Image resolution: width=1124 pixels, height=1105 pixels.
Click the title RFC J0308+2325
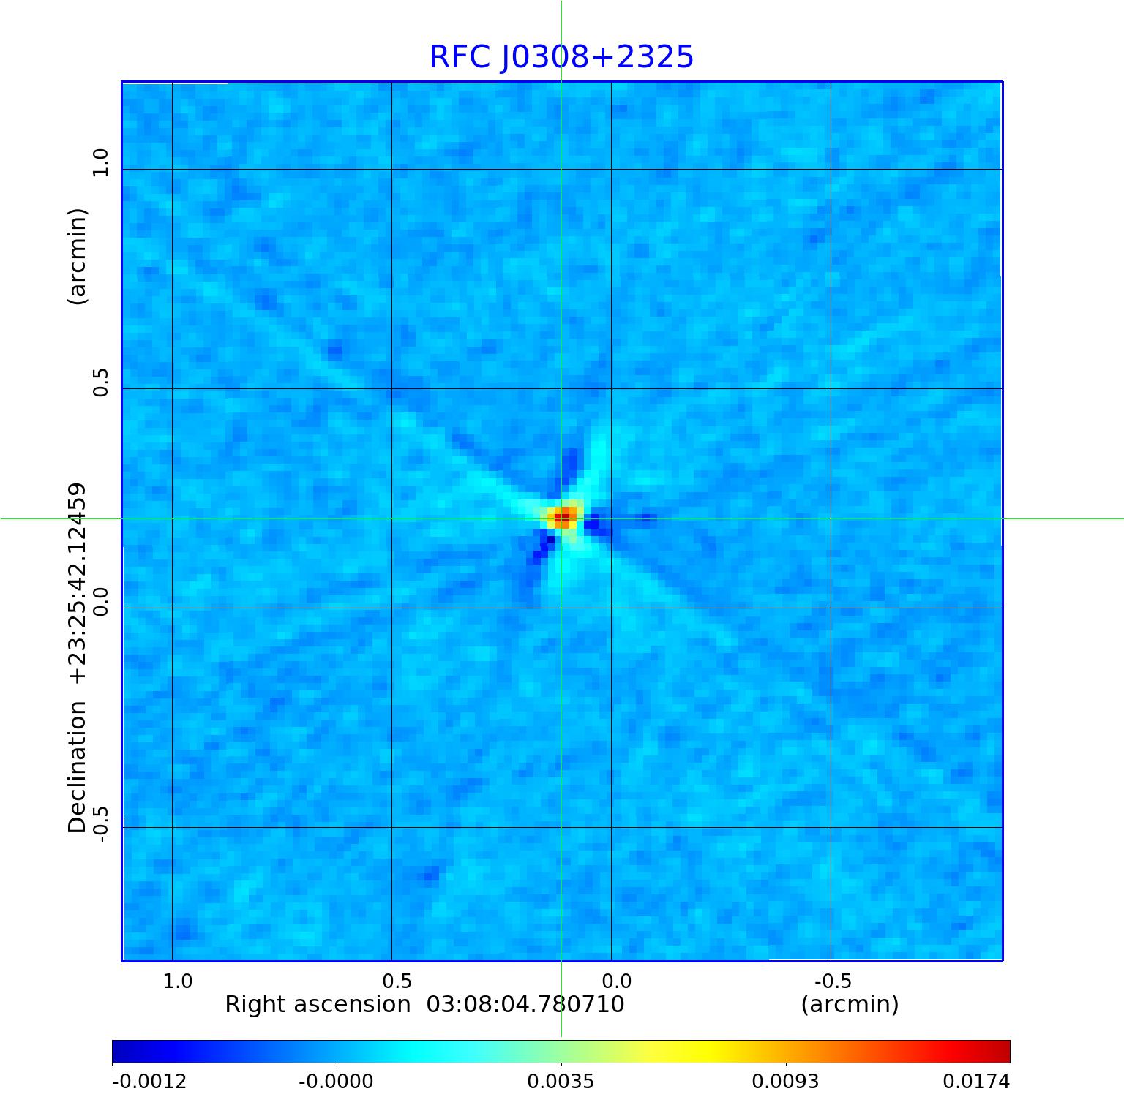click(x=561, y=57)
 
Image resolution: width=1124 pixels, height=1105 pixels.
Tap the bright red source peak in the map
click(x=562, y=518)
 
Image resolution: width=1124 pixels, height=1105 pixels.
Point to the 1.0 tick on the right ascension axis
click(x=178, y=981)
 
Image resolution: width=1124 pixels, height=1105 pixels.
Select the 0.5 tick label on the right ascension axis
click(x=397, y=981)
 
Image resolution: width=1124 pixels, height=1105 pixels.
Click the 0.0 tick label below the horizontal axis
click(x=616, y=981)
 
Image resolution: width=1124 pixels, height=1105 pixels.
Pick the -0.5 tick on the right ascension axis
click(x=833, y=981)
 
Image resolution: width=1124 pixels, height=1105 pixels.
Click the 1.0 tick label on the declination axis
click(x=100, y=162)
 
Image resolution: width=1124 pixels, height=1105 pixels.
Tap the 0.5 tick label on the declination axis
click(x=100, y=382)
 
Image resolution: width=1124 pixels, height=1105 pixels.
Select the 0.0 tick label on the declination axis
click(x=100, y=601)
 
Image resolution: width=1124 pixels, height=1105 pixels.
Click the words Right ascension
click(x=318, y=1004)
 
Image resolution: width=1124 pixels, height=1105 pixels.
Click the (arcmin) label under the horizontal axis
click(x=850, y=1004)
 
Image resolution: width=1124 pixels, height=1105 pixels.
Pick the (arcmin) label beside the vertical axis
click(x=77, y=256)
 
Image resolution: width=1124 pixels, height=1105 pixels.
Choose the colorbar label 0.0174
click(x=975, y=1081)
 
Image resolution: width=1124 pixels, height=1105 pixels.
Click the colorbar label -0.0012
click(x=149, y=1081)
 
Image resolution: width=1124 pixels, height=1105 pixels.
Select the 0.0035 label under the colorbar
click(x=561, y=1081)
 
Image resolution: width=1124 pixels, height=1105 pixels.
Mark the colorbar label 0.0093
click(x=785, y=1081)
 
